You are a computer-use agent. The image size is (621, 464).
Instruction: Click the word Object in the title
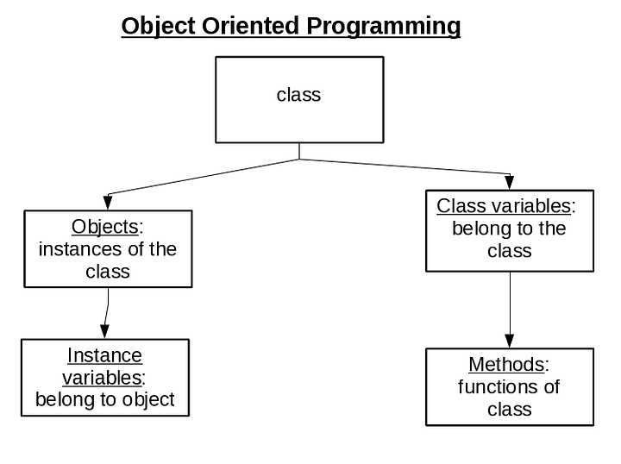tap(159, 27)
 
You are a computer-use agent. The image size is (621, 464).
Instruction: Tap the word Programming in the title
tap(384, 27)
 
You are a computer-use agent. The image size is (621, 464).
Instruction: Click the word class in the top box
tap(298, 95)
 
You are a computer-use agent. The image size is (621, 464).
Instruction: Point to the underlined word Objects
tap(104, 227)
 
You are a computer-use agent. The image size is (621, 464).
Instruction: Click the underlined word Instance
tap(104, 355)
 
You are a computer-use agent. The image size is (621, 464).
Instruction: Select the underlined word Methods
tap(506, 364)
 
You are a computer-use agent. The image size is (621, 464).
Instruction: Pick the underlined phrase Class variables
tap(504, 206)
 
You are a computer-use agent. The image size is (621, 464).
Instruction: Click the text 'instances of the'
tap(108, 249)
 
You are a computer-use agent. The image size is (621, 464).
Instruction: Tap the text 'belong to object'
tap(104, 399)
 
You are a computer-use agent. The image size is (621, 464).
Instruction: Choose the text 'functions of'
tap(509, 386)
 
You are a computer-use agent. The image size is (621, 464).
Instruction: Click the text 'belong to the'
tap(509, 229)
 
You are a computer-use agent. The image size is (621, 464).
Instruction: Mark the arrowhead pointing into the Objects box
tap(108, 202)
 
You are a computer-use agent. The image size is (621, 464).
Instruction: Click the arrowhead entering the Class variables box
tap(510, 182)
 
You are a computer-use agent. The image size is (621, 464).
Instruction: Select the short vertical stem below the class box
tap(299, 151)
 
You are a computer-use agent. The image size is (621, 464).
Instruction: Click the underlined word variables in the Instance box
tap(101, 378)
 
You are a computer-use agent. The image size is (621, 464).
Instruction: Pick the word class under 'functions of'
tap(509, 409)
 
